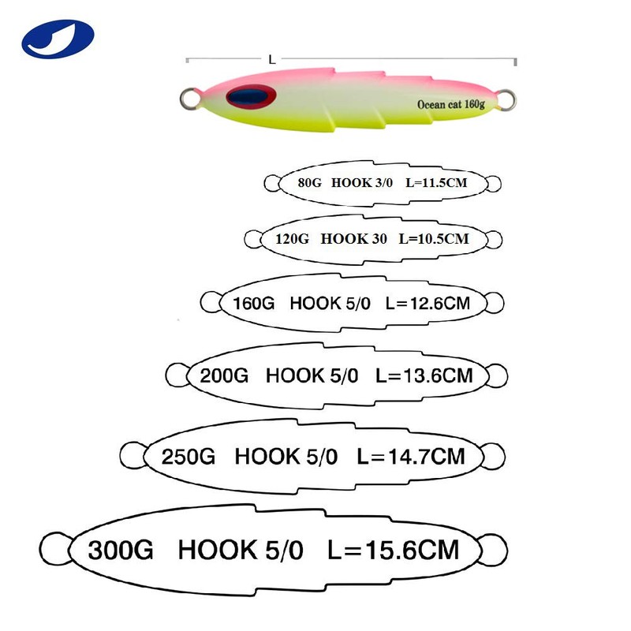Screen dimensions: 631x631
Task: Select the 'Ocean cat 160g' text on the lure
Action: click(x=450, y=103)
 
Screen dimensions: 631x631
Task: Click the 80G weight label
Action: click(x=311, y=182)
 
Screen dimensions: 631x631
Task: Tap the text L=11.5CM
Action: click(x=435, y=182)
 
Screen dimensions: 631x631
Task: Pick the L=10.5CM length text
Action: click(x=434, y=237)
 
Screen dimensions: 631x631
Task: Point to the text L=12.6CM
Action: click(x=431, y=302)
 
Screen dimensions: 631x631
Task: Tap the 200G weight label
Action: click(x=224, y=375)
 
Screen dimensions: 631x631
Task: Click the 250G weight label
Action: click(x=188, y=456)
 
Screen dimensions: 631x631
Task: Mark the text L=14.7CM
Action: click(x=411, y=456)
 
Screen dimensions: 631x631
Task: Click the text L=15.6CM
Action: click(x=392, y=548)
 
